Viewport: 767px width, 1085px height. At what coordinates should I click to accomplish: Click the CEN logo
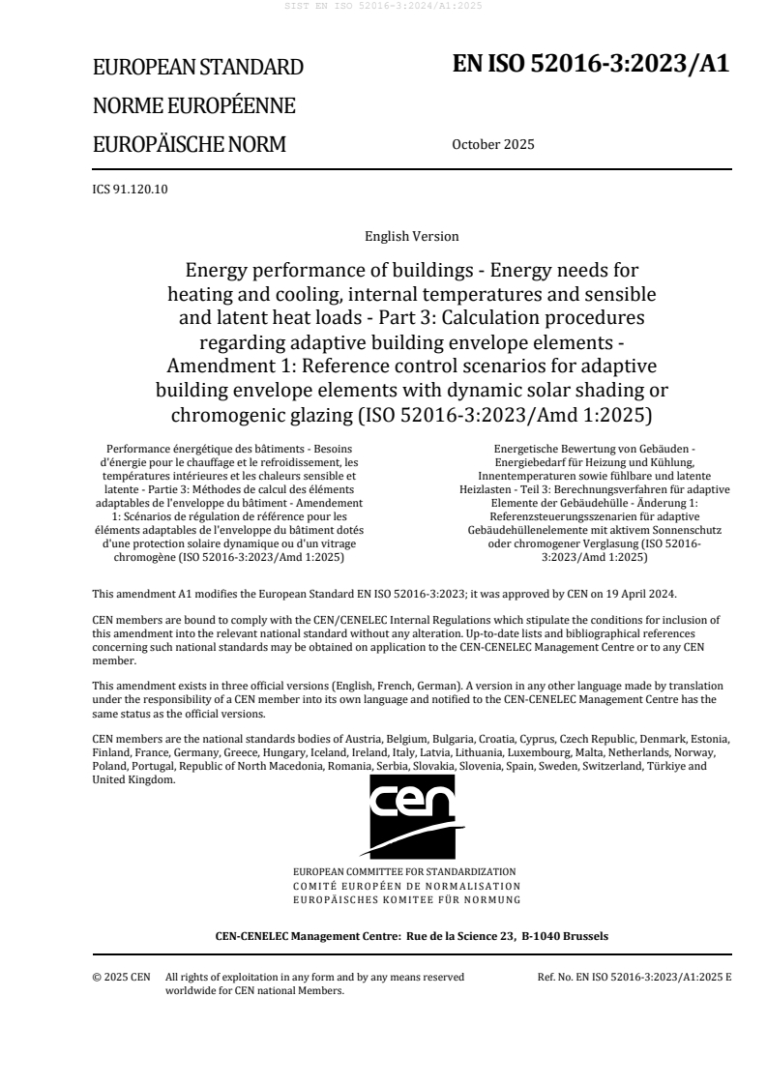(411, 814)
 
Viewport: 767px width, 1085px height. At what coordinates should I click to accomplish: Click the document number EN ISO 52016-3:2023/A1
(591, 64)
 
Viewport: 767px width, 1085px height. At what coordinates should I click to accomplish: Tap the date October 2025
(492, 145)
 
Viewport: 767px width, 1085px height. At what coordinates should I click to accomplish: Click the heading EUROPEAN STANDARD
(197, 68)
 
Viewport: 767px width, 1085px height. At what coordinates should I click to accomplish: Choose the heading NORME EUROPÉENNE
(193, 106)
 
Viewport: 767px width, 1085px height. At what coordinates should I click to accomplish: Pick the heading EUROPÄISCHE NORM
(190, 145)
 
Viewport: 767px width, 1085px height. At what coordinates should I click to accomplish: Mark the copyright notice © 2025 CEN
(121, 977)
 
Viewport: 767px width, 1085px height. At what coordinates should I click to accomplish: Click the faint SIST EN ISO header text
(383, 7)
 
